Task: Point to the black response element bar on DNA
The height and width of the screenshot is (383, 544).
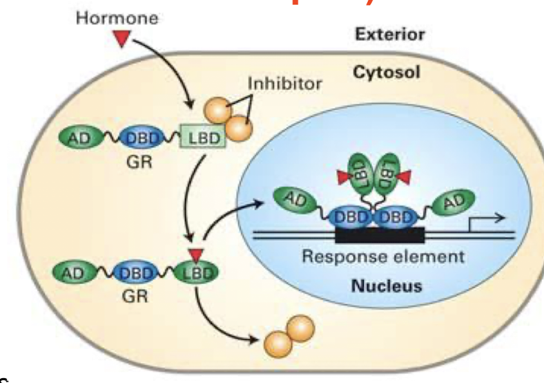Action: [379, 235]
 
